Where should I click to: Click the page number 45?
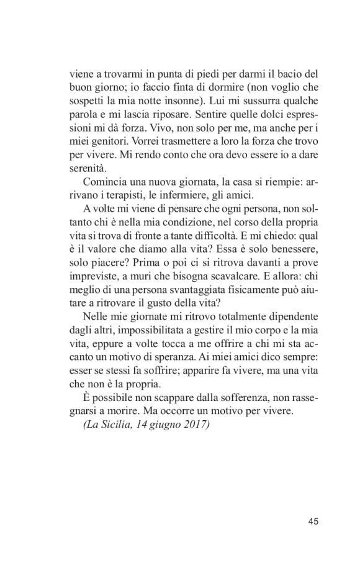click(x=313, y=520)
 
